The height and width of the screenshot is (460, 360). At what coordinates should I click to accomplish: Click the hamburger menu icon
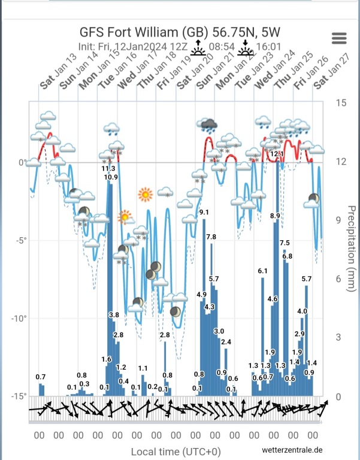tap(339, 38)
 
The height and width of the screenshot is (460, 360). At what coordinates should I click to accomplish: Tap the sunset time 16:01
tap(268, 46)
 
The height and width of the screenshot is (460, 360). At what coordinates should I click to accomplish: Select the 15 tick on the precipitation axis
tap(340, 103)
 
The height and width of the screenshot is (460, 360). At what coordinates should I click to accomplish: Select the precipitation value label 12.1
tap(277, 154)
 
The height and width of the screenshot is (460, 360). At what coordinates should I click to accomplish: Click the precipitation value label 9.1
tap(204, 212)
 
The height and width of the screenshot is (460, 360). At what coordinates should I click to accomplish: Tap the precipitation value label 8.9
tap(276, 216)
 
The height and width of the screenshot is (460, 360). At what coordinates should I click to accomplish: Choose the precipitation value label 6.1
tap(262, 271)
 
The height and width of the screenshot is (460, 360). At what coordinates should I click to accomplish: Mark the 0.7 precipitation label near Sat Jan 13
tap(41, 377)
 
